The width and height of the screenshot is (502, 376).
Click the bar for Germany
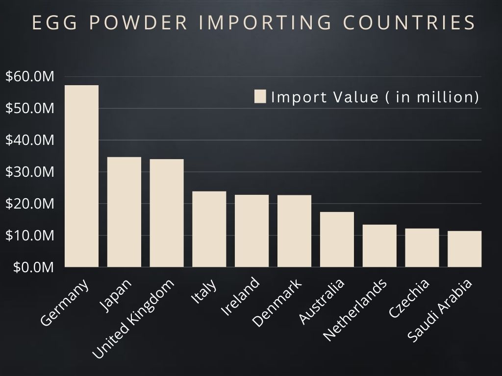(x=82, y=176)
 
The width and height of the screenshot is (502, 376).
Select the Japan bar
(x=124, y=212)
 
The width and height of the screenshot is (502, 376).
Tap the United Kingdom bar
(x=167, y=213)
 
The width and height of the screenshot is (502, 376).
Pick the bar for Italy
(x=209, y=229)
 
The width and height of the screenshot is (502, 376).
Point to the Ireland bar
(x=252, y=231)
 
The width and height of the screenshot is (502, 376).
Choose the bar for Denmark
(x=294, y=231)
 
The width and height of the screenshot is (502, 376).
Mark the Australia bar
(x=337, y=239)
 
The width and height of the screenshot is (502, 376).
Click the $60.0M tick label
(x=29, y=76)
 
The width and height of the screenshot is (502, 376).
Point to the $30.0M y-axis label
(x=29, y=172)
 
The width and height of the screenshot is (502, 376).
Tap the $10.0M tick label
(x=29, y=235)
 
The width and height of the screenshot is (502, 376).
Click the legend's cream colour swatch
(x=260, y=96)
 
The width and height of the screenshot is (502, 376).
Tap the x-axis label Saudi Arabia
(x=440, y=311)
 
